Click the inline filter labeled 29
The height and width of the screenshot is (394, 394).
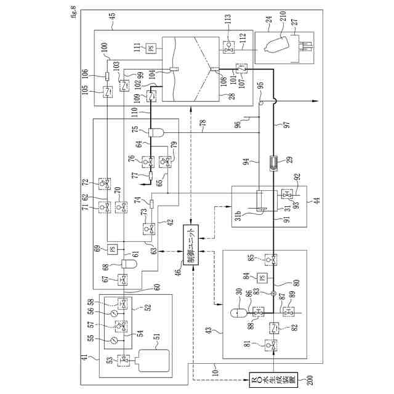click(x=271, y=161)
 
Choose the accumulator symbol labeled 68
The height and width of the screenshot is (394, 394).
click(x=130, y=265)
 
